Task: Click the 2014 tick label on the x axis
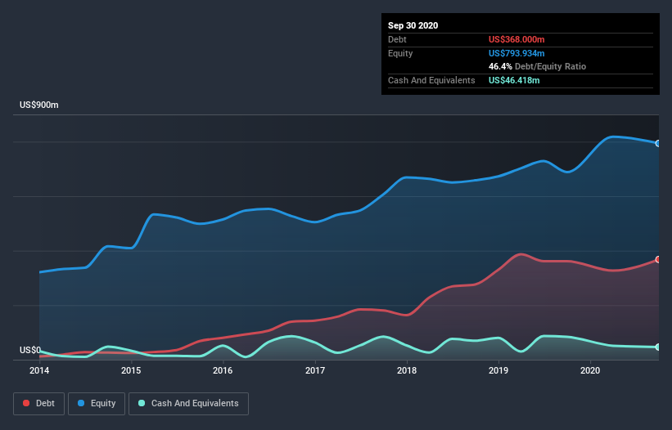38,370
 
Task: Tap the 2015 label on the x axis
131,370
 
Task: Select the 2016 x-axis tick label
223,370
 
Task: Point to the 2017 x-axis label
315,370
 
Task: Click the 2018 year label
407,370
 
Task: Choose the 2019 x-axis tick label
498,370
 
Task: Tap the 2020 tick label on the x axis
590,370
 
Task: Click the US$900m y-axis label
39,105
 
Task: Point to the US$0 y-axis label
30,350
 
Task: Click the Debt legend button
40,403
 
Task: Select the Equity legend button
97,403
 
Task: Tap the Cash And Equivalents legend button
188,403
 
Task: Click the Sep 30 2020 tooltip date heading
413,25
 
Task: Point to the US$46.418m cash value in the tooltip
514,80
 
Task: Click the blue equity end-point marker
658,143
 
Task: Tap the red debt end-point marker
658,259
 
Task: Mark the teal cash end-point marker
658,347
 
